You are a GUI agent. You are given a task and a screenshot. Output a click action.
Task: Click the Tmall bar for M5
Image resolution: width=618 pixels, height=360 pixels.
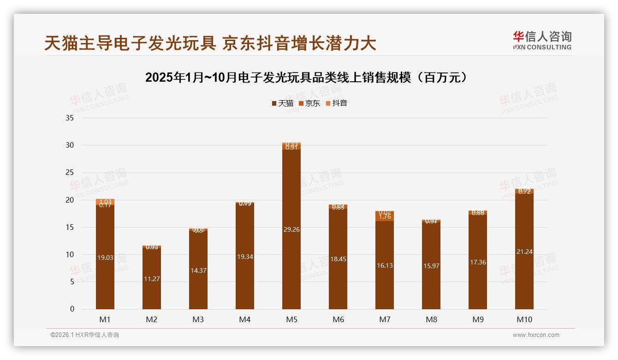291,229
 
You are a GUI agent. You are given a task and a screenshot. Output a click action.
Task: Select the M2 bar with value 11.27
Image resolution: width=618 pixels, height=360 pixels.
152,278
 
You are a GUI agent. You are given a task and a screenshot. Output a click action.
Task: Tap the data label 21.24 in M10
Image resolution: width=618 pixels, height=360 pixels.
524,252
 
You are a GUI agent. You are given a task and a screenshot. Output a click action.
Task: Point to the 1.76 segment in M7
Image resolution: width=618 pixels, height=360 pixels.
385,216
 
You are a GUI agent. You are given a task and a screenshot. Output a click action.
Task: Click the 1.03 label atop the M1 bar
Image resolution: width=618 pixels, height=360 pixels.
105,202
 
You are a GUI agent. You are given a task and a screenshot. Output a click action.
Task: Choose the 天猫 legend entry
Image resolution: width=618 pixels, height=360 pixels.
282,103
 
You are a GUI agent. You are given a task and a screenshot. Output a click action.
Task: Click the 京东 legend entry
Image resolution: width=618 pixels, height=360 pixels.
309,103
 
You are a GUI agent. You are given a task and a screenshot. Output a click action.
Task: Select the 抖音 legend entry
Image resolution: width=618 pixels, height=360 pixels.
337,103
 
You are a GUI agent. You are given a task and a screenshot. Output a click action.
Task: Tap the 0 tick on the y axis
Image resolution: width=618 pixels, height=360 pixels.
72,309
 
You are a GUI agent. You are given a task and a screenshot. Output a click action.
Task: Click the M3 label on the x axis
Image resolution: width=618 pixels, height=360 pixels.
198,319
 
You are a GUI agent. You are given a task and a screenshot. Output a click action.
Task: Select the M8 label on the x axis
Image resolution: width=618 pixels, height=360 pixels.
431,319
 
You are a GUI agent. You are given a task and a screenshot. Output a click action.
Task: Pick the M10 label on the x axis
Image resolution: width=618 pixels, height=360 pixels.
524,319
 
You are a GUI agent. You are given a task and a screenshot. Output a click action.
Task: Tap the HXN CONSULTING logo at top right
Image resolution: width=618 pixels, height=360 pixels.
542,40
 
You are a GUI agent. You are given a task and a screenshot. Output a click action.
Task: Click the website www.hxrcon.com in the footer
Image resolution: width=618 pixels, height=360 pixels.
536,335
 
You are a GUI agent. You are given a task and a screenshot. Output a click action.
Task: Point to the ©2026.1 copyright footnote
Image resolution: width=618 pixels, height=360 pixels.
85,335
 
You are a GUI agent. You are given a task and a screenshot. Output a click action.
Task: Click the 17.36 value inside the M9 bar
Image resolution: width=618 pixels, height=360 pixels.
478,262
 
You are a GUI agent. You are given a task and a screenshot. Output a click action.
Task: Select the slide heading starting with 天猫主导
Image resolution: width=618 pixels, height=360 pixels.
210,43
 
